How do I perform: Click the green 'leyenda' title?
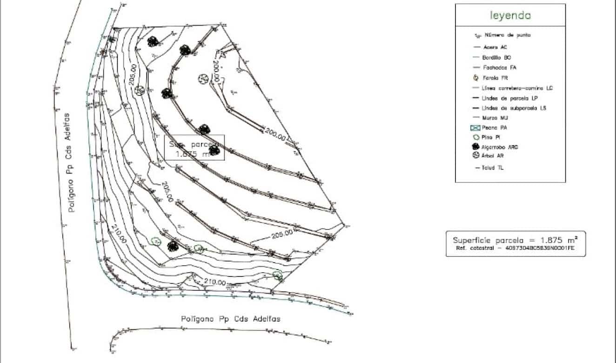[x=510, y=15]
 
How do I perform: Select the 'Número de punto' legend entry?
[x=507, y=35]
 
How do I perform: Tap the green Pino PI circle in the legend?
[x=476, y=137]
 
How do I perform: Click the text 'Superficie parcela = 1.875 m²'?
[x=515, y=240]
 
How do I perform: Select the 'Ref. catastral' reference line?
[x=515, y=249]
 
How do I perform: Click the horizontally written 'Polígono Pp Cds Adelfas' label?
[x=231, y=319]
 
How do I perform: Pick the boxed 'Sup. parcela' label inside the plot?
[x=195, y=148]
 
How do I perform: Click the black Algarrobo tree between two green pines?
[x=173, y=245]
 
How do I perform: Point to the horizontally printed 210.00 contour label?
[x=215, y=282]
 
